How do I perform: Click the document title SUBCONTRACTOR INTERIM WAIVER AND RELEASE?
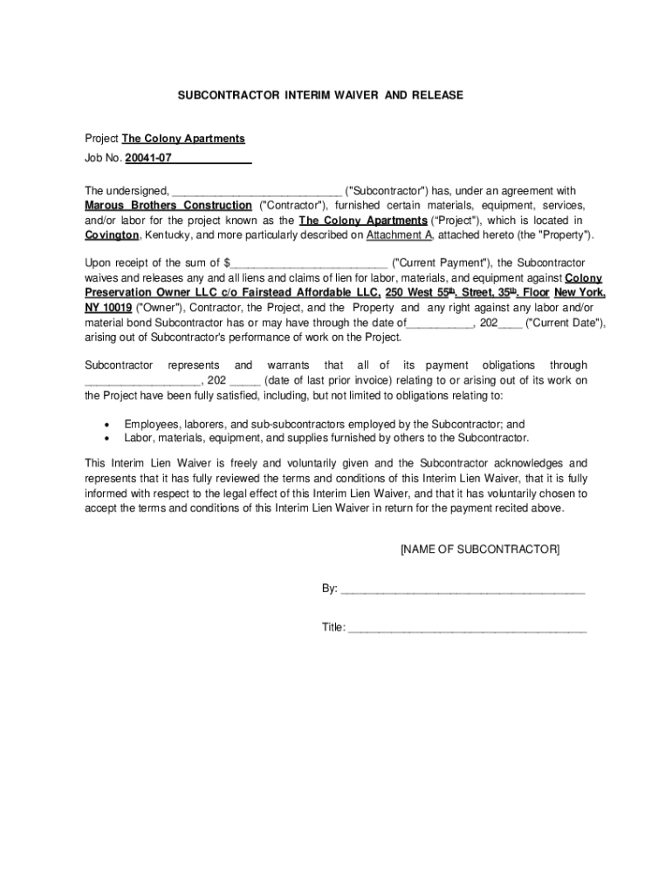(320, 94)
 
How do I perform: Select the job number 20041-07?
(148, 159)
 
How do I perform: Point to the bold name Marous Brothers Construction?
(168, 206)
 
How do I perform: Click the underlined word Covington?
(112, 235)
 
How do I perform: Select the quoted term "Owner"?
(158, 308)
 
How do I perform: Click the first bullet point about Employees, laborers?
(324, 423)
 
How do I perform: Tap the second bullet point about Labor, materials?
(326, 438)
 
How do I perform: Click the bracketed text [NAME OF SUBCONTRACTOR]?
(479, 549)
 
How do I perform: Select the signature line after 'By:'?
(462, 590)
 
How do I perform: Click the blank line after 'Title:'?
(467, 628)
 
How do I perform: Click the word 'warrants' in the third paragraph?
(288, 365)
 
